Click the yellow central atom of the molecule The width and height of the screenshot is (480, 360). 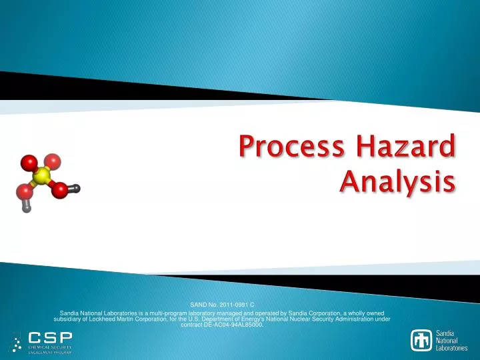[42, 176]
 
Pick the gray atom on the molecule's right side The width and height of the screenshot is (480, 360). [76, 189]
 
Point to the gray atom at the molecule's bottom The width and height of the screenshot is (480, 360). [26, 207]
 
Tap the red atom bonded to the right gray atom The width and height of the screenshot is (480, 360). [60, 191]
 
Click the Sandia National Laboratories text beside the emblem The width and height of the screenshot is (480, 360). [451, 340]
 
